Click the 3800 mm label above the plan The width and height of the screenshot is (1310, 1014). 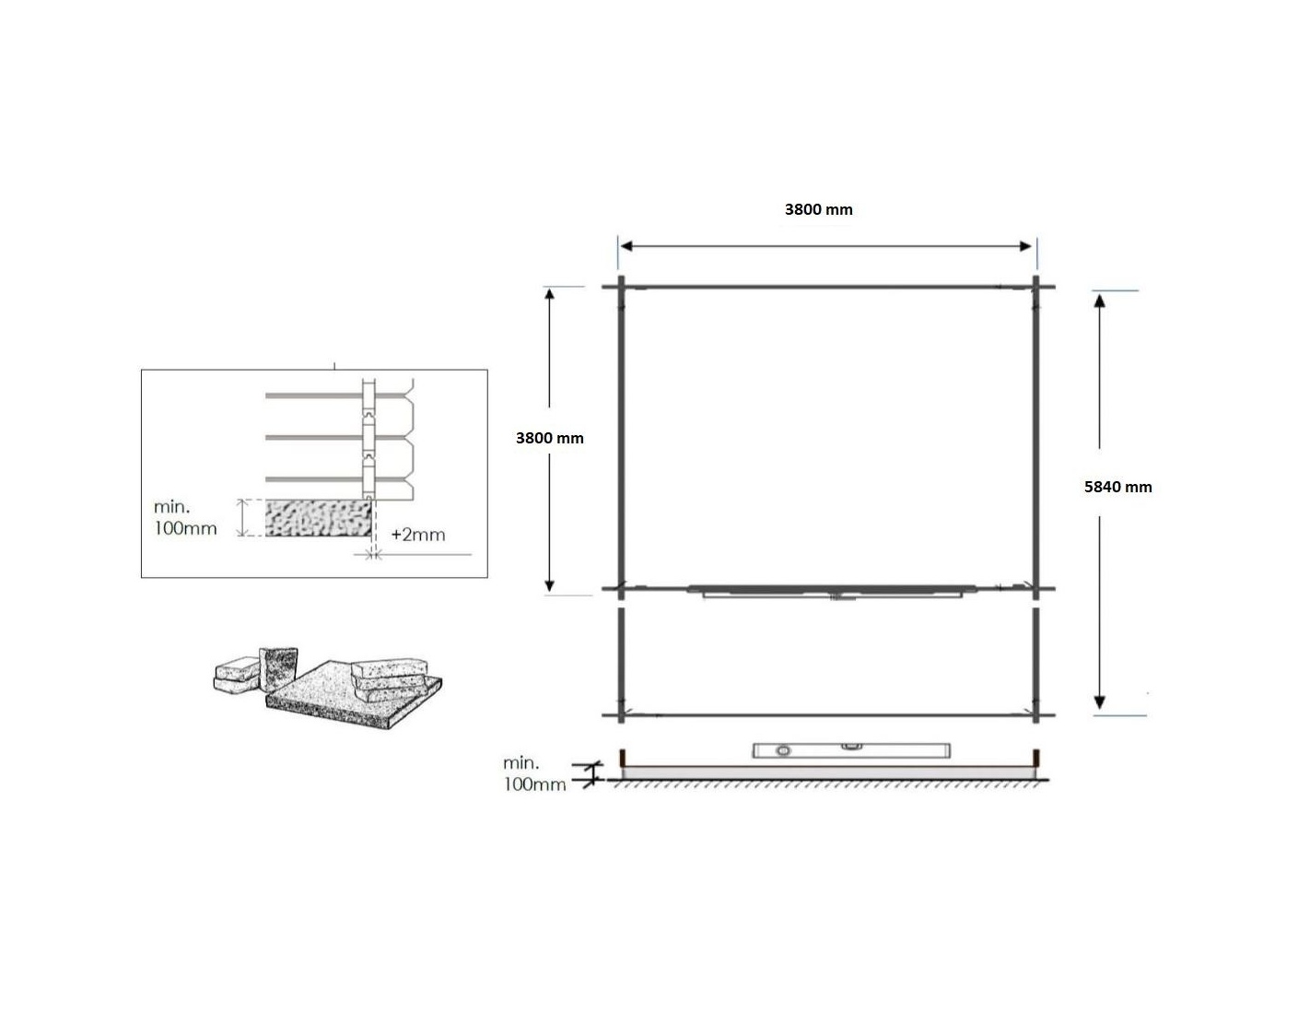818,209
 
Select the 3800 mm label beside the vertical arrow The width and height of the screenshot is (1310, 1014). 549,438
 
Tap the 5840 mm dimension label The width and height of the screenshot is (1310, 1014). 1117,487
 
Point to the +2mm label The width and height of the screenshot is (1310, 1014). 417,535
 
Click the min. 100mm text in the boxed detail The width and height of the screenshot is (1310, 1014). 185,517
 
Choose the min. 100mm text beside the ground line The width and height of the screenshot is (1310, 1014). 534,773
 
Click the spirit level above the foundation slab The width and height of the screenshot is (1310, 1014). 852,750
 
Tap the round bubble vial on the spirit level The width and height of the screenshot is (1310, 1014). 784,751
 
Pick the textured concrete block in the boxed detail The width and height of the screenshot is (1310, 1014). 319,518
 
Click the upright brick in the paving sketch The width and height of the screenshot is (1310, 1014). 278,669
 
